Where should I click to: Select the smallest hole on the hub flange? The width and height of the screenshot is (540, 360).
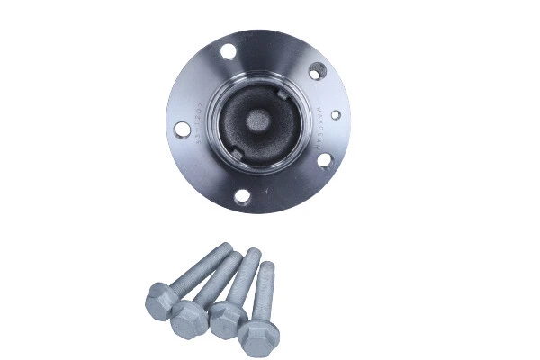pyautogui.click(x=336, y=115)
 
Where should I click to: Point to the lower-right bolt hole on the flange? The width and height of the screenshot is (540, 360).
pyautogui.click(x=323, y=160)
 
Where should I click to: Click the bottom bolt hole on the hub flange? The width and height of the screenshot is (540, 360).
pyautogui.click(x=241, y=195)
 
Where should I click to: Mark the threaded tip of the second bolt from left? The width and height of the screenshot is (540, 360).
pyautogui.click(x=238, y=257)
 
